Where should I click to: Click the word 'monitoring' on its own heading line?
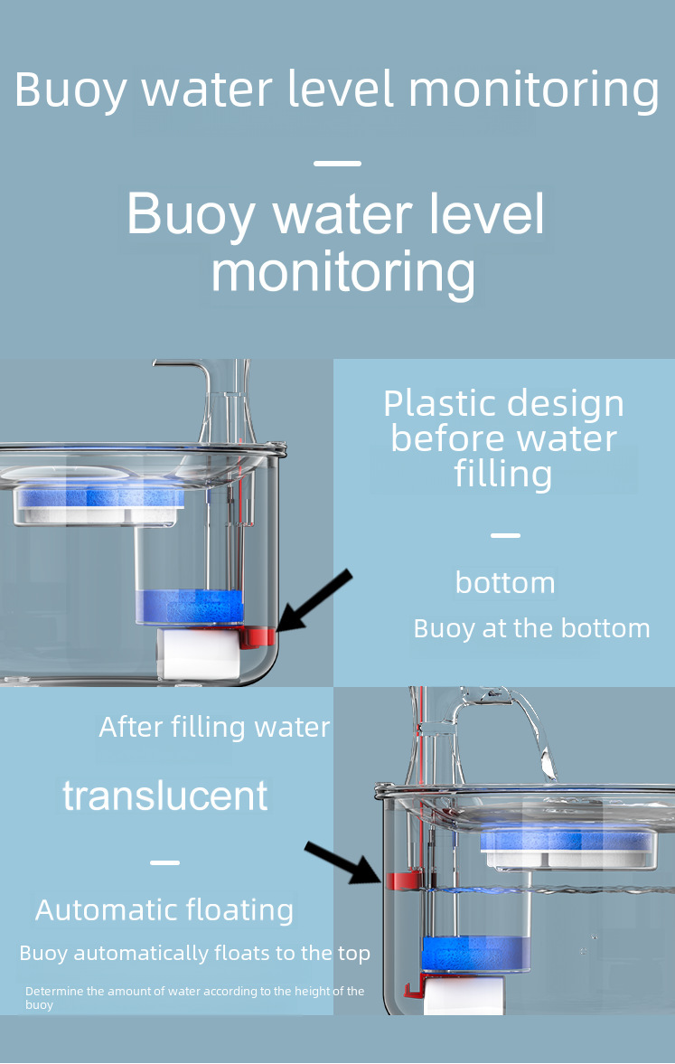point(342,271)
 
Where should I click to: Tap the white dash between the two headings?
point(337,164)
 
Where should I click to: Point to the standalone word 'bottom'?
point(505,583)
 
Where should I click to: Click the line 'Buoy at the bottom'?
point(531,628)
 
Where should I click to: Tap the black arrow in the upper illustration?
point(314,599)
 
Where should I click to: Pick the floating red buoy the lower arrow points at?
point(400,879)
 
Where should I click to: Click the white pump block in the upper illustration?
point(199,654)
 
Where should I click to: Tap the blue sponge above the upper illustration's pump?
point(189,607)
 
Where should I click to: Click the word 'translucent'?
point(165,796)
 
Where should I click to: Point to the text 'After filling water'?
point(214,727)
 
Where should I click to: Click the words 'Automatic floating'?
point(164,910)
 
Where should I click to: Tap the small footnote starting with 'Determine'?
point(194,997)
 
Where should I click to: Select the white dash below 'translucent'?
point(164,862)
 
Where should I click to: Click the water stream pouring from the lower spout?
point(539,741)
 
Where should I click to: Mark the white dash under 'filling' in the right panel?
point(505,535)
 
